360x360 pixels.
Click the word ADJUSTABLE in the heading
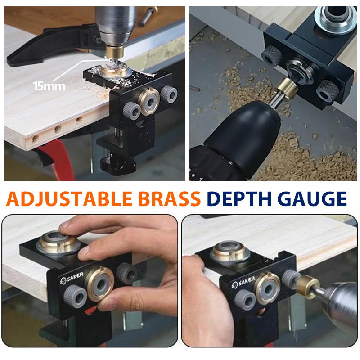[69, 199]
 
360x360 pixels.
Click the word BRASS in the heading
[170, 199]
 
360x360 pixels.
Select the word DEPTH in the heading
[239, 199]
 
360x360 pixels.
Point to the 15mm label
[49, 86]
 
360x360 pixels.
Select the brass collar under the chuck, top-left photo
[114, 52]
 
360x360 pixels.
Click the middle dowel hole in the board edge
[58, 129]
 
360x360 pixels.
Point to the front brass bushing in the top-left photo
[149, 101]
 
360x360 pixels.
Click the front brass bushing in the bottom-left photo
[99, 284]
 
